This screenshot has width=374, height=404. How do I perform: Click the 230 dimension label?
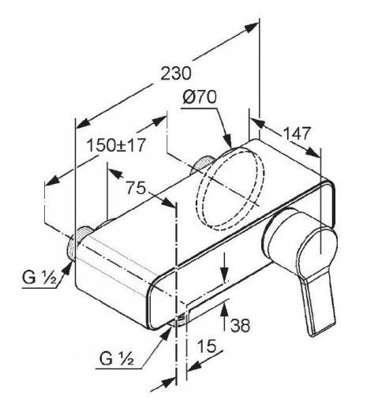pos(176,73)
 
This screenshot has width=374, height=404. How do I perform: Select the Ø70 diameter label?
pos(200,97)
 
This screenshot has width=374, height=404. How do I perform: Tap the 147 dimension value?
pos(297,133)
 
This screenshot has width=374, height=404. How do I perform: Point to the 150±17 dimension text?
pos(116,145)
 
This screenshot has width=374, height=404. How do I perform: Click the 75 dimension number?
pos(136,188)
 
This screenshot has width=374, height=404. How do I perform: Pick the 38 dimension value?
pos(240,325)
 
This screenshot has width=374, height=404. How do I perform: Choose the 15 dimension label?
pos(207,346)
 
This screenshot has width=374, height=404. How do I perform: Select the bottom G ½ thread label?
pos(117,358)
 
